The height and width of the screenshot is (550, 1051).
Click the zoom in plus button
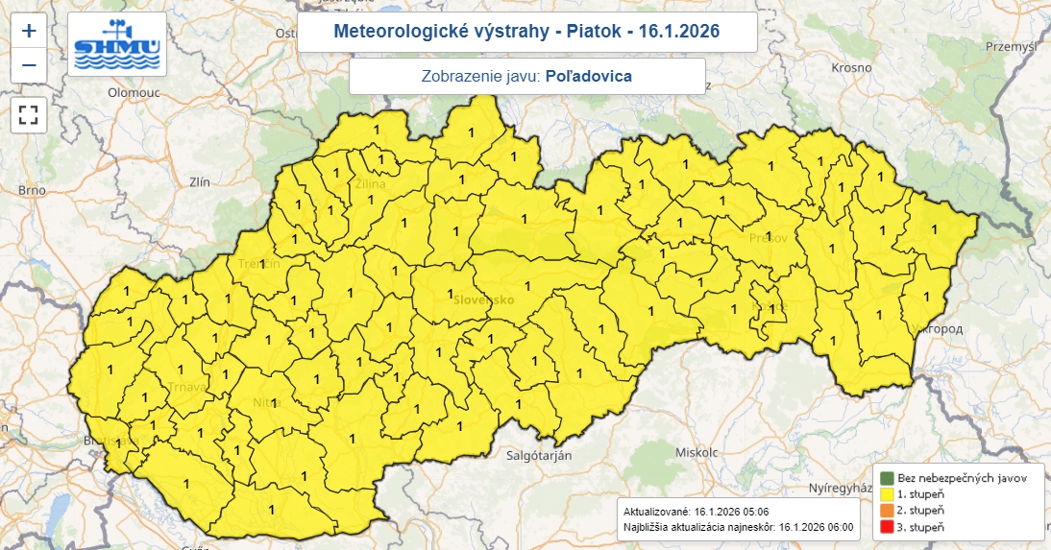point(29,31)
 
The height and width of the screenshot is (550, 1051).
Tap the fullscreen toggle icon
point(29,116)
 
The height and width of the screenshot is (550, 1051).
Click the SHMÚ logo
point(117,45)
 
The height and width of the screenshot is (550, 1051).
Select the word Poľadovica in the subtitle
point(588,76)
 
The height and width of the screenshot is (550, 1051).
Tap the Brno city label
point(32,190)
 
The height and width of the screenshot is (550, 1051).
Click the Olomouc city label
point(133,93)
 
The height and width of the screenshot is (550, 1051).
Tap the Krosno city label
point(852,68)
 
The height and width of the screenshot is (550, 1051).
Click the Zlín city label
point(200,180)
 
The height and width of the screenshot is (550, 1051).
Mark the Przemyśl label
point(1020,45)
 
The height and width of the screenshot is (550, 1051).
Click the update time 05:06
point(752,511)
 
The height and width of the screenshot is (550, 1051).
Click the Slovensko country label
point(482,299)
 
